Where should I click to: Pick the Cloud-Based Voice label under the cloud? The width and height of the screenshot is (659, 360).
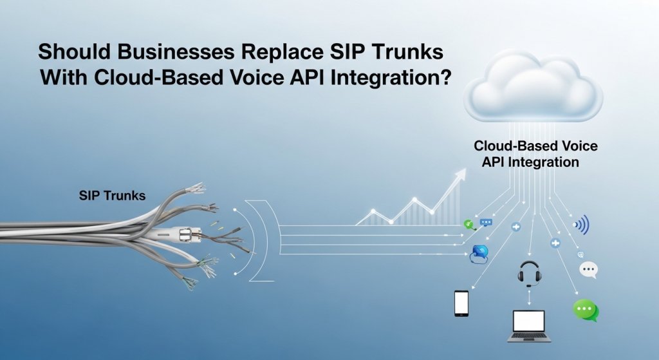[535, 146]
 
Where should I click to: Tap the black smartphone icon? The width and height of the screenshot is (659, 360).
[461, 303]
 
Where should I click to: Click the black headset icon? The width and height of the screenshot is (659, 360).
[529, 274]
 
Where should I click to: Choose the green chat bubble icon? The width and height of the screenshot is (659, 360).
[586, 310]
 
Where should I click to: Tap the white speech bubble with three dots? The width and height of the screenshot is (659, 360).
[588, 269]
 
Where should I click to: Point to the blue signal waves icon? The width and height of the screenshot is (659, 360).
[582, 224]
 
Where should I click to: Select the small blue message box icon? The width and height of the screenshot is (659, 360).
[486, 222]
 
